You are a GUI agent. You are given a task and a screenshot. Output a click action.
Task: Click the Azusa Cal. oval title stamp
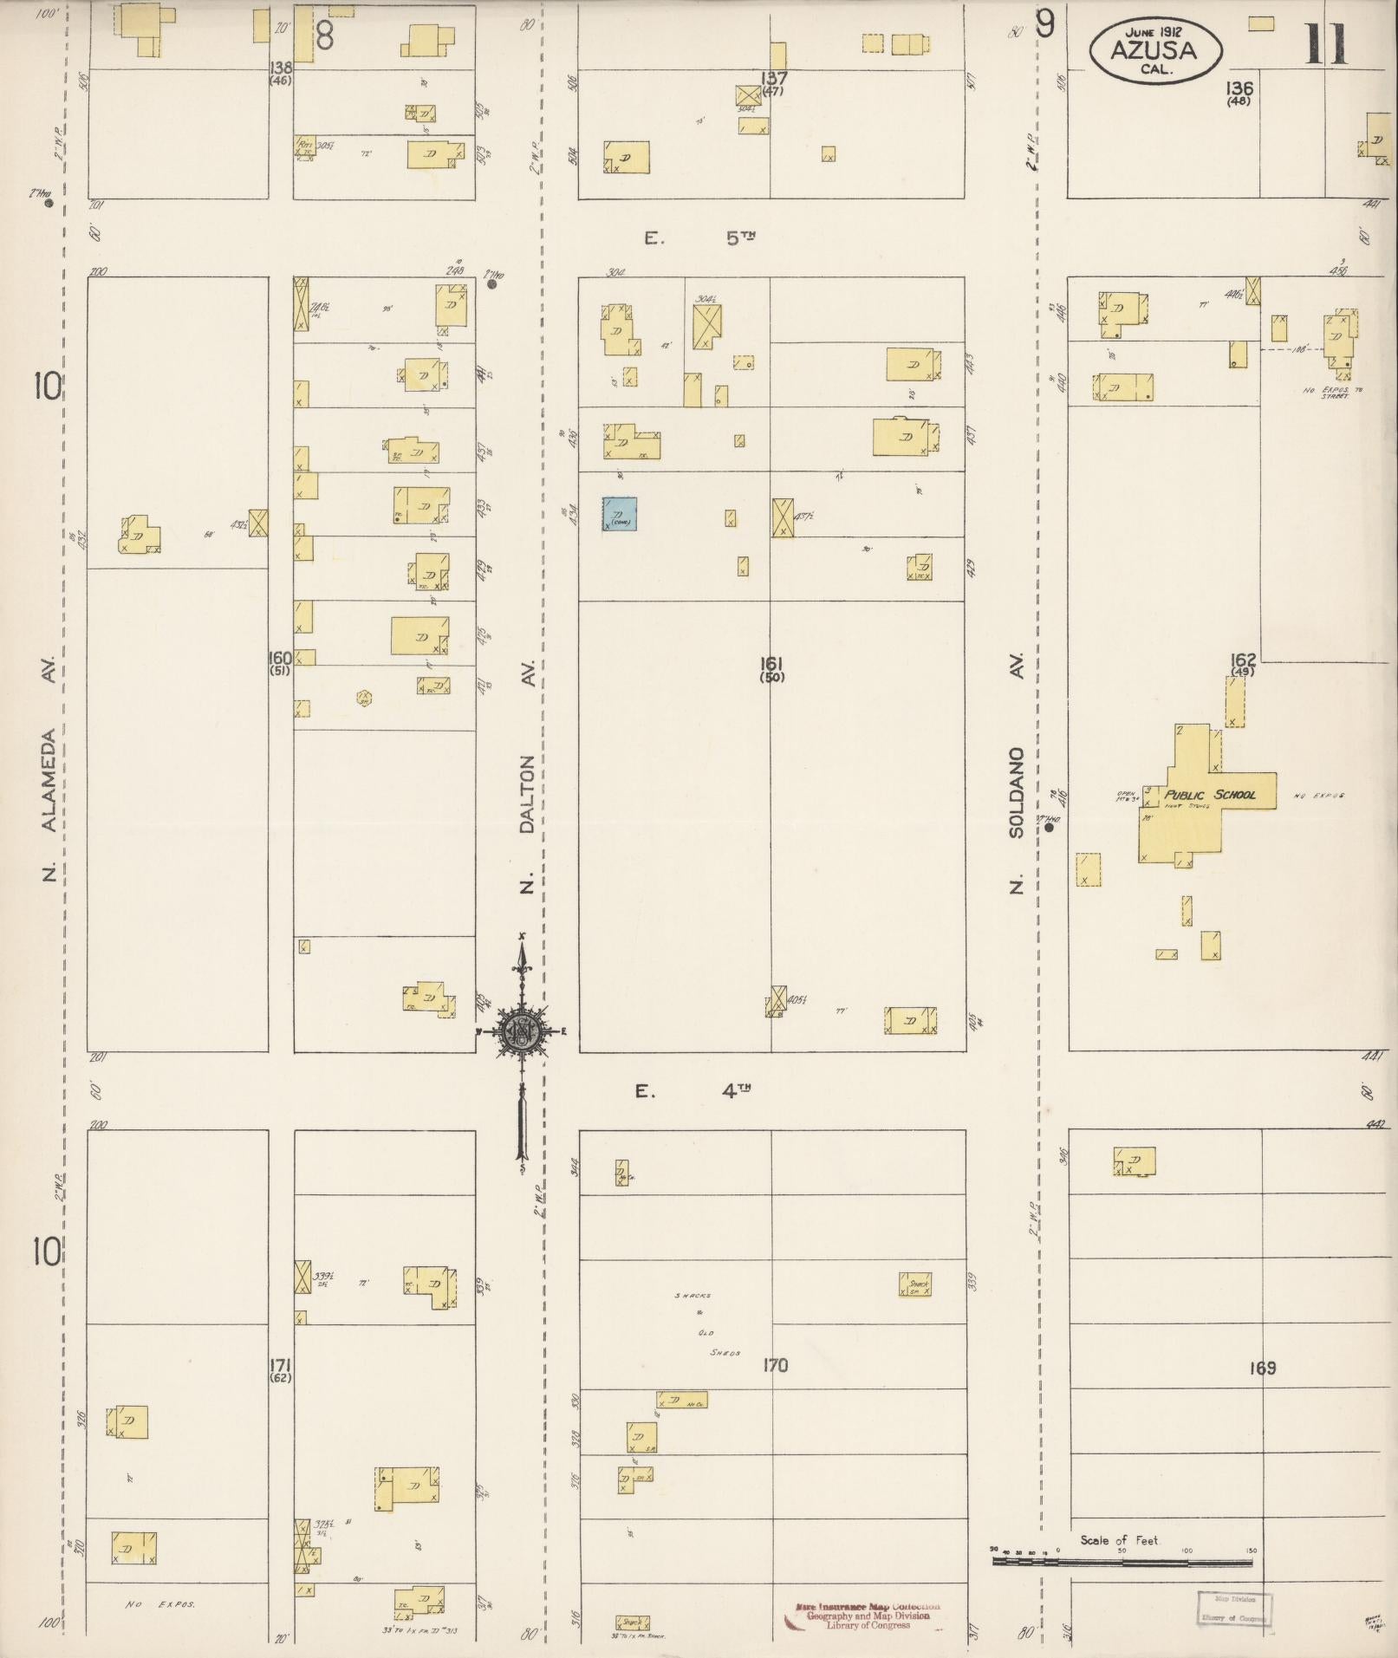point(1154,51)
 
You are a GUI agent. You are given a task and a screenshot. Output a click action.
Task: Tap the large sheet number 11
point(1326,45)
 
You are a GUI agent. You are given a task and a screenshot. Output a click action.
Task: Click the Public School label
point(1209,795)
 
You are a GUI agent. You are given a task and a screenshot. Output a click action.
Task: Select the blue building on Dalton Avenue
point(621,513)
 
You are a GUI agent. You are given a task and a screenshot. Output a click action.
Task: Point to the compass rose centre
point(523,1031)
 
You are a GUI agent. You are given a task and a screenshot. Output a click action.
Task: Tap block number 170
point(775,1366)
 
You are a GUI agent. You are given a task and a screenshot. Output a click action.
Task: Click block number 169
point(1263,1368)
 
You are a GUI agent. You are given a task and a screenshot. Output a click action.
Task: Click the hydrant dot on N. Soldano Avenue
point(1050,828)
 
